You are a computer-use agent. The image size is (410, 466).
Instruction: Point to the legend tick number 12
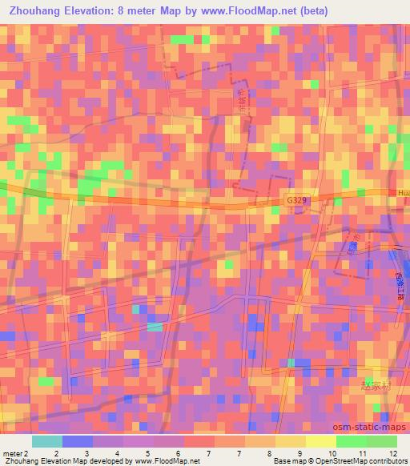(x=392, y=453)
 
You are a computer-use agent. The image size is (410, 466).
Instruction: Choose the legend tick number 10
(x=332, y=453)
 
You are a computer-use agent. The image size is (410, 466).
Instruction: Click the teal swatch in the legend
(x=47, y=441)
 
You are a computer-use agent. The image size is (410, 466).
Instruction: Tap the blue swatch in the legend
(x=78, y=441)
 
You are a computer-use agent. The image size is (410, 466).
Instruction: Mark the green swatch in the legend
(x=351, y=441)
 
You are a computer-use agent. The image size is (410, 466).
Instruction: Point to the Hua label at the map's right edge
(x=404, y=193)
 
